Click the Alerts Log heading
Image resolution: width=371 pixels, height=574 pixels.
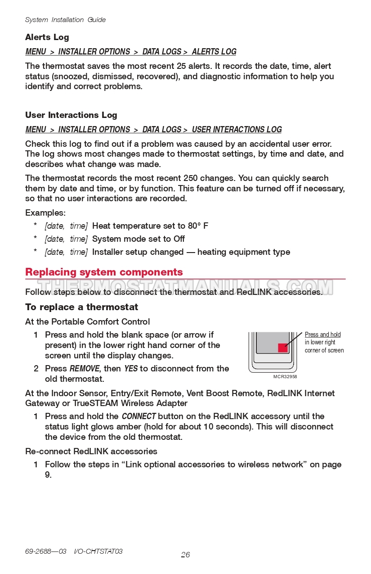(47, 37)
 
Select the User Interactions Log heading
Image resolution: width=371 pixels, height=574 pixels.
(71, 115)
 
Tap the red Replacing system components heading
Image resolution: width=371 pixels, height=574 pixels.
(104, 272)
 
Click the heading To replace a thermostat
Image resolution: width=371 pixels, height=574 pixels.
(81, 307)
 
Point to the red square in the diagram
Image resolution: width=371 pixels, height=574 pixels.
(282, 348)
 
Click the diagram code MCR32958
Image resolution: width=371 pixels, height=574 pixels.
(285, 377)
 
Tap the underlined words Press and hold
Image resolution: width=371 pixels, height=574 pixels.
(322, 334)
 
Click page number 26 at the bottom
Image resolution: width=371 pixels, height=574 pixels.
(185, 555)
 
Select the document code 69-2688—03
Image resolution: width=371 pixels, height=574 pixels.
(45, 551)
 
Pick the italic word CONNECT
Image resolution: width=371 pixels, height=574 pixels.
(139, 416)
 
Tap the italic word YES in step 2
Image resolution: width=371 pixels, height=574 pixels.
(130, 369)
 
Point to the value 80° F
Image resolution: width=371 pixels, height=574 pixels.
(198, 226)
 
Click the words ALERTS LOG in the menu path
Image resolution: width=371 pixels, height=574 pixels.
(214, 52)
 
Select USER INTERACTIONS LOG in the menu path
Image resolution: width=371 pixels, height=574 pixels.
(237, 130)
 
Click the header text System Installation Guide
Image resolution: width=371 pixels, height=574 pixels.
(65, 20)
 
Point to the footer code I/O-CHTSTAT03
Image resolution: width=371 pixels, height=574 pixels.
(98, 551)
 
